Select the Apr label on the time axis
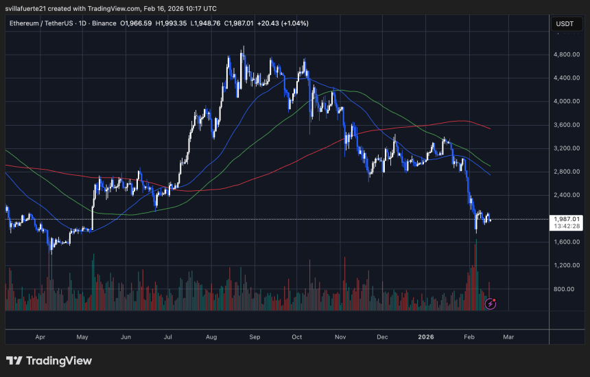[x=40, y=337]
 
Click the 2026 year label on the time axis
[x=426, y=337]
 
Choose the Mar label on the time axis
[x=508, y=337]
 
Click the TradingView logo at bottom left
[x=49, y=361]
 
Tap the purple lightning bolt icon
[x=491, y=303]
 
